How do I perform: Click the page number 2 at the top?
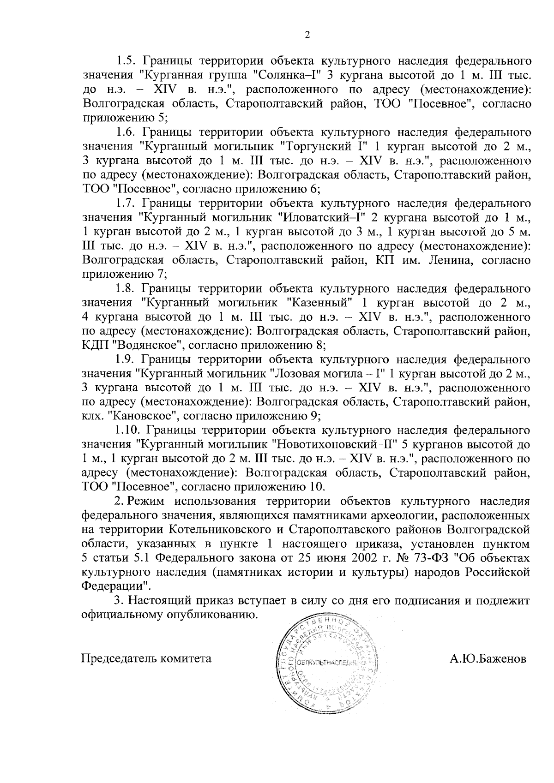[307, 35]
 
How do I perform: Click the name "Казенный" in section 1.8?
[321, 303]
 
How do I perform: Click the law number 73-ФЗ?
[434, 558]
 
